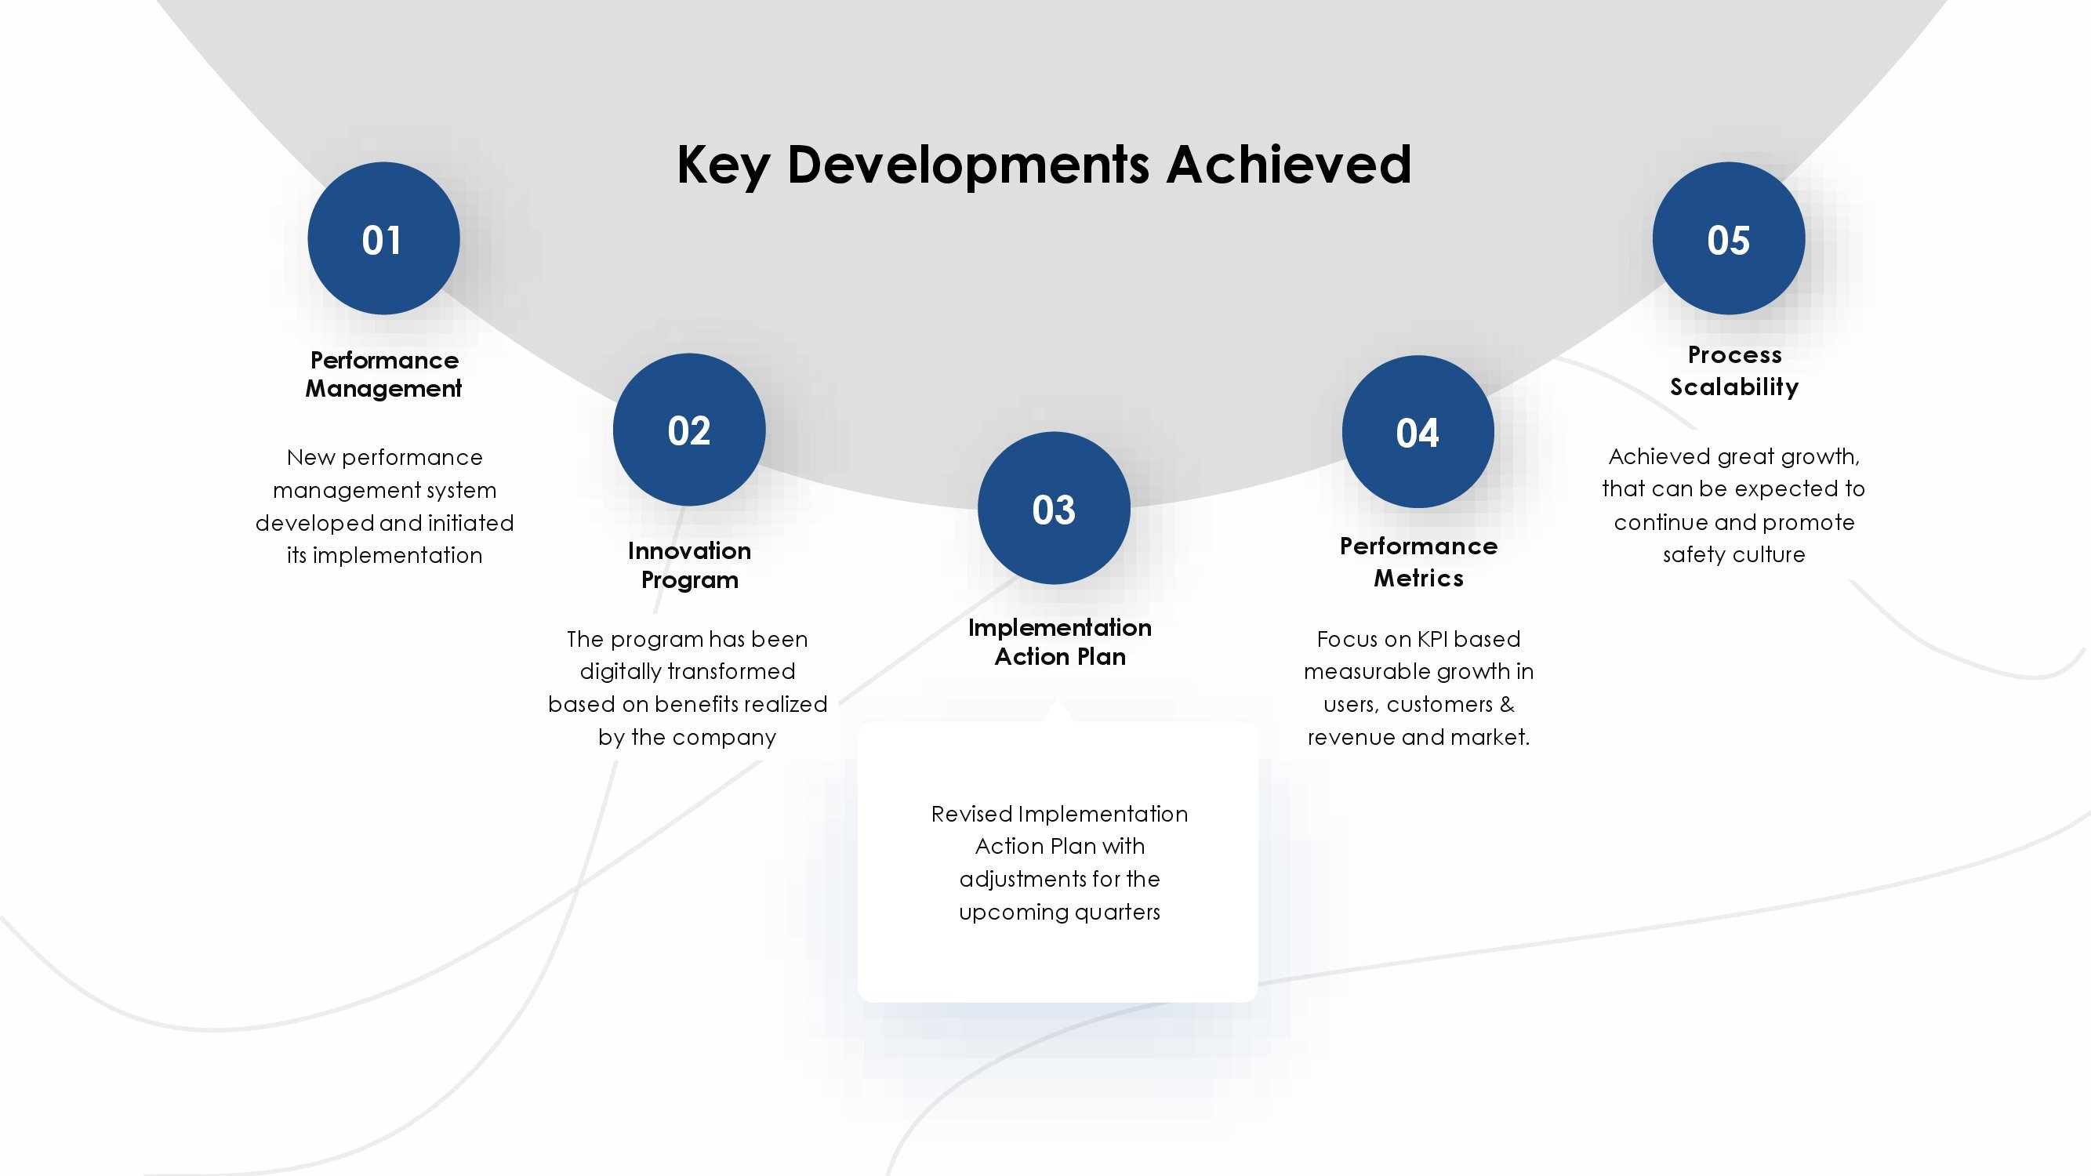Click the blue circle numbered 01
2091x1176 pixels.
pyautogui.click(x=383, y=238)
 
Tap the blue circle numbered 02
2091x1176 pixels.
pyautogui.click(x=689, y=430)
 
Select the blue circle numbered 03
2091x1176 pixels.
pyautogui.click(x=1054, y=508)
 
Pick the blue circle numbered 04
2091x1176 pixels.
pyautogui.click(x=1418, y=432)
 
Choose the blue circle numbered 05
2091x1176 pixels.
pyautogui.click(x=1729, y=238)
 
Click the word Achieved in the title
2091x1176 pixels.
pyautogui.click(x=1289, y=165)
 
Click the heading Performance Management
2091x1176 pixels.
pyautogui.click(x=384, y=374)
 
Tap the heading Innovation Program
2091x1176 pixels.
pyautogui.click(x=689, y=564)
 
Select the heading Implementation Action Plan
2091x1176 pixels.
pyautogui.click(x=1059, y=642)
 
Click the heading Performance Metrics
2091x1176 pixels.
pyautogui.click(x=1419, y=561)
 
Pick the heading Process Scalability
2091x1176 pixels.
pyautogui.click(x=1733, y=371)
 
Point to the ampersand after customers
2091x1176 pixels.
pyautogui.click(x=1508, y=705)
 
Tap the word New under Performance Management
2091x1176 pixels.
pyautogui.click(x=311, y=458)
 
